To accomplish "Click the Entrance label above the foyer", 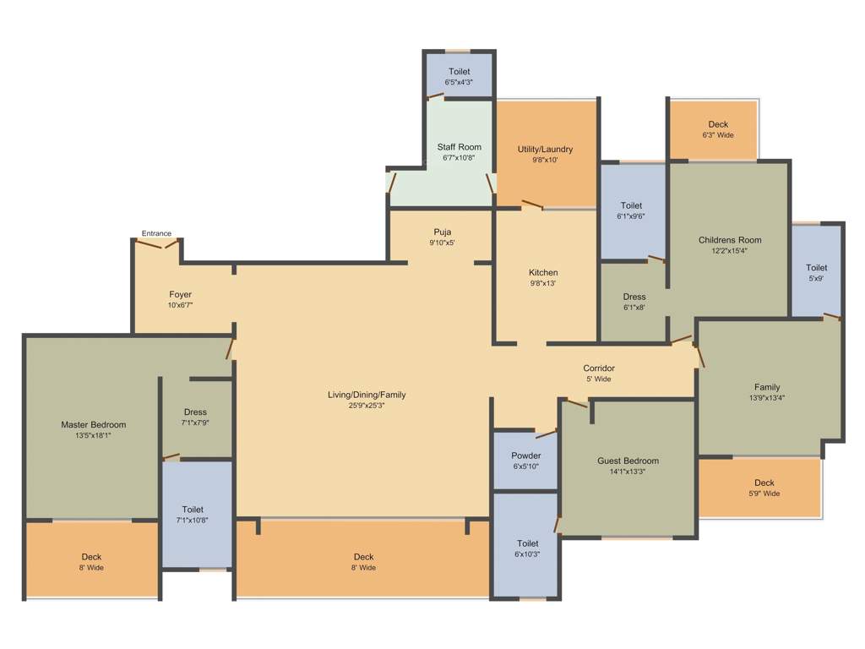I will coord(156,233).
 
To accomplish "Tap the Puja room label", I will coord(443,232).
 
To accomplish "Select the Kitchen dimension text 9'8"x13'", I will coord(543,283).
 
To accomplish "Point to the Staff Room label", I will coord(459,147).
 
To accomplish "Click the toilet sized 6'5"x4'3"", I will coord(459,77).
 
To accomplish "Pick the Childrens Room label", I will coord(730,240).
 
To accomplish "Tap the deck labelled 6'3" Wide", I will coord(718,129).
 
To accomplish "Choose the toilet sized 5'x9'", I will coord(816,272).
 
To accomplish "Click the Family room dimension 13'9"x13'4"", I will coord(767,398).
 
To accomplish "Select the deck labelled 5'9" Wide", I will coord(764,488).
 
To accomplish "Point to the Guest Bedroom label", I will coord(628,461).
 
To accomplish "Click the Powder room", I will coord(525,461).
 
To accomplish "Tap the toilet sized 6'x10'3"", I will coord(527,548).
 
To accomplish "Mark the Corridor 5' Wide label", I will coord(598,374).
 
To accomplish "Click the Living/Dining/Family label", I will coord(367,395).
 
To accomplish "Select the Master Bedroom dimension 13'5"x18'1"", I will coord(93,435).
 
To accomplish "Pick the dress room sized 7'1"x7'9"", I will coord(194,417).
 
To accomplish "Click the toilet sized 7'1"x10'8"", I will coord(193,515).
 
